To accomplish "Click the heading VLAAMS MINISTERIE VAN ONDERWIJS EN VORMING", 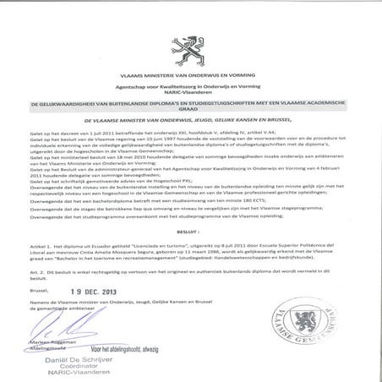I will click(x=190, y=77).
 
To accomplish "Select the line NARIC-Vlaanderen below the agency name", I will click(x=190, y=95).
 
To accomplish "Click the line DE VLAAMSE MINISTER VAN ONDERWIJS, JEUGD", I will click(x=190, y=123).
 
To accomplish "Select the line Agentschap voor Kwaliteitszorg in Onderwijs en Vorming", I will click(x=190, y=88).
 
